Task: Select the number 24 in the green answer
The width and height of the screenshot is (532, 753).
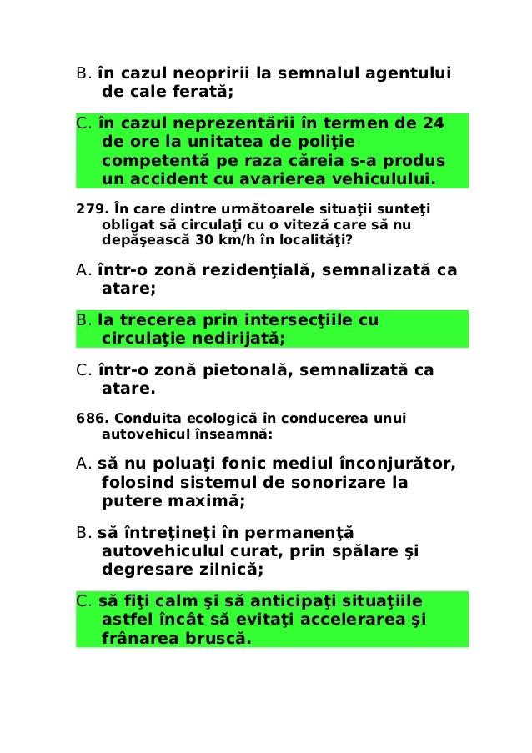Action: (x=433, y=124)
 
